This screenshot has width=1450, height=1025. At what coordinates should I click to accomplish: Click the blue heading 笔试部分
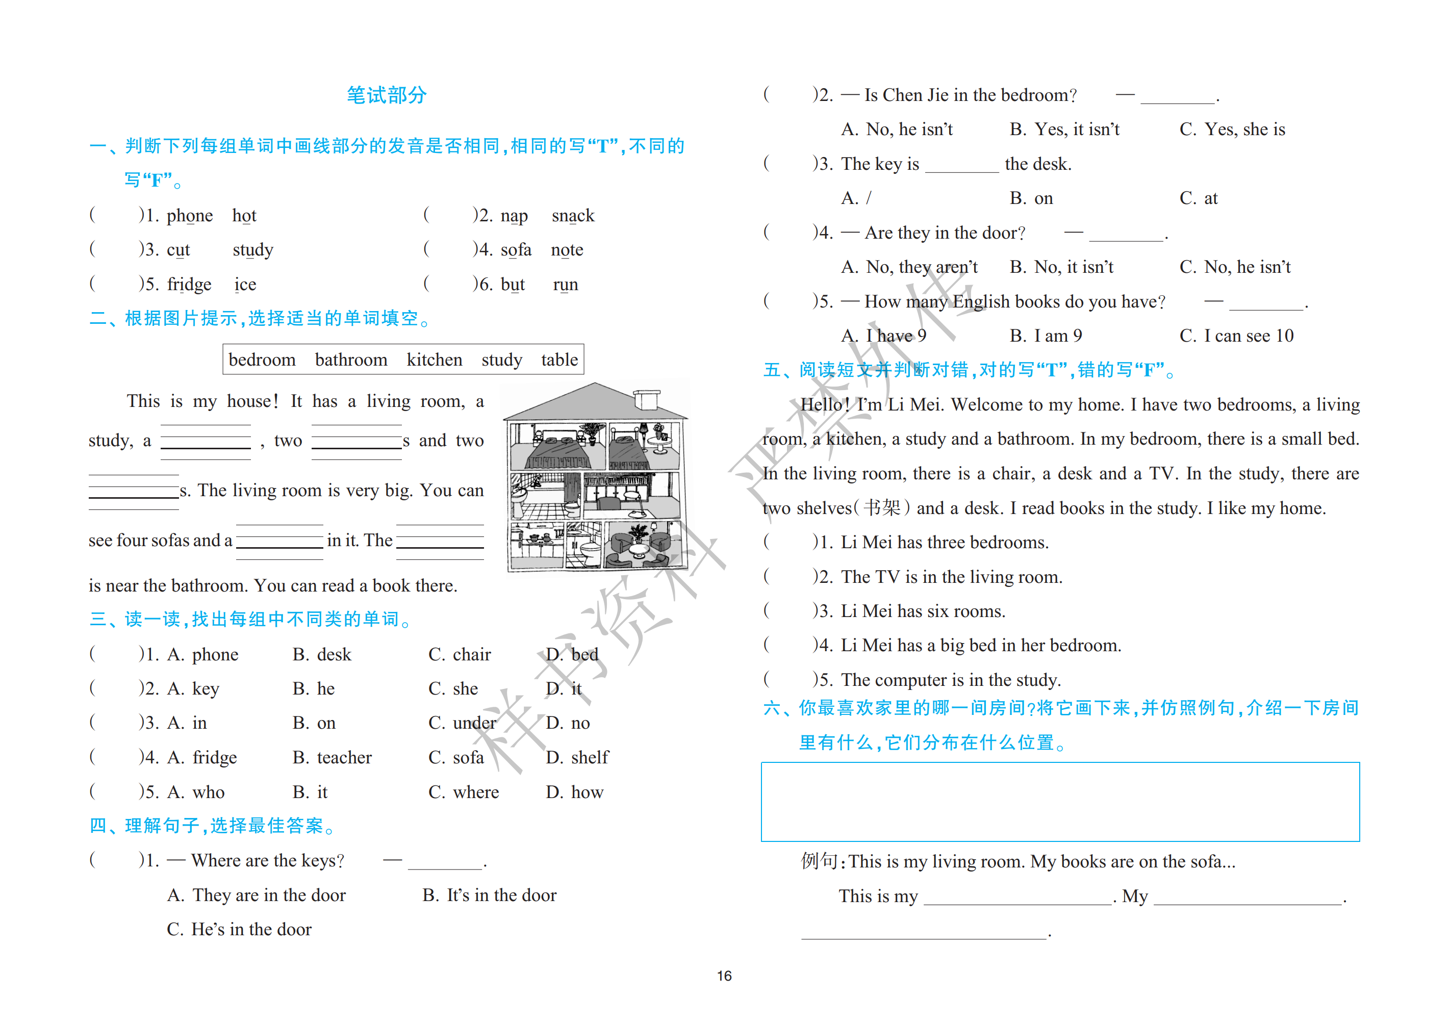[387, 95]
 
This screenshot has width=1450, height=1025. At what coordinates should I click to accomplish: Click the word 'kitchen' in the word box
[434, 360]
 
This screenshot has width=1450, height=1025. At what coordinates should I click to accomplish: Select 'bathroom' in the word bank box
[350, 360]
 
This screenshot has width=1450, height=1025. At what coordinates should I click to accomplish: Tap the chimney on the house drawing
[646, 400]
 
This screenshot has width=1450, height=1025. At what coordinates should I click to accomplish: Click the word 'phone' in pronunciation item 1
[189, 216]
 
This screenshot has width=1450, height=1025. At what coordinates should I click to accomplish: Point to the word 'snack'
[573, 216]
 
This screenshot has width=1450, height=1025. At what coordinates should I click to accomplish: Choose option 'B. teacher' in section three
[332, 757]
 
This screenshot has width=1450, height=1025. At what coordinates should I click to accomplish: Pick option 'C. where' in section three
[464, 792]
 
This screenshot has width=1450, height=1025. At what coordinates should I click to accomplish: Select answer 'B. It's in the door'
[490, 895]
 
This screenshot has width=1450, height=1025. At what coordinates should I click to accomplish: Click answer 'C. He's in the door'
[239, 929]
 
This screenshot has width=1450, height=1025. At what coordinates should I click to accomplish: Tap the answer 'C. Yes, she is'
[1232, 130]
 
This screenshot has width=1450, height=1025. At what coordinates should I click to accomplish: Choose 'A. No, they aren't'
[909, 267]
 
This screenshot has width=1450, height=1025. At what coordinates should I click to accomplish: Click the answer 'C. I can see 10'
[1236, 336]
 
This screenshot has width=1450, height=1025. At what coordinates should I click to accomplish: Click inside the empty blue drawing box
[1060, 802]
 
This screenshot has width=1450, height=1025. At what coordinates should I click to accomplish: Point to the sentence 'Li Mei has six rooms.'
[923, 611]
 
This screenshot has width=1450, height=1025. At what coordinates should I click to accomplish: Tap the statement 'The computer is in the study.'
[951, 680]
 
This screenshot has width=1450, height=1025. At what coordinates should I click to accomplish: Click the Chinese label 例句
[819, 861]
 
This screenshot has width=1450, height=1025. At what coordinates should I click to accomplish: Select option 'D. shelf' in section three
[577, 757]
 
